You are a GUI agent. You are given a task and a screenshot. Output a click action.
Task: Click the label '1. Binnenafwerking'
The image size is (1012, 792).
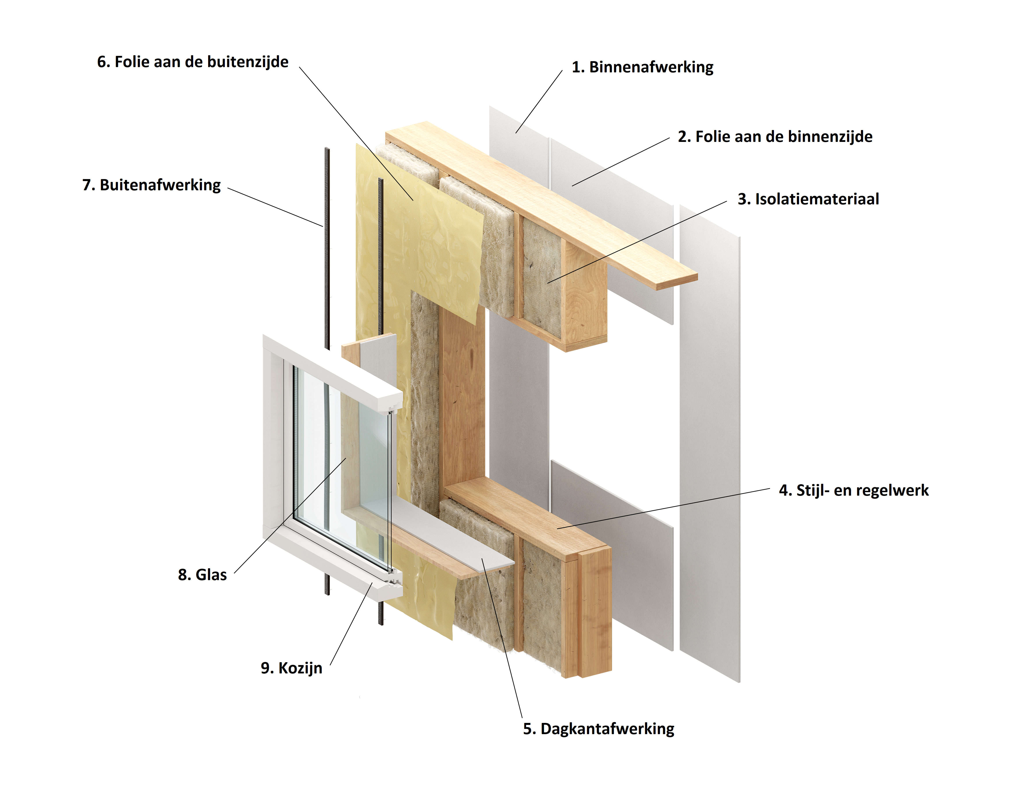point(643,67)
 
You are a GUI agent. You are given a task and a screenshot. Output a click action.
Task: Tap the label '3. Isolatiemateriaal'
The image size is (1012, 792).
point(808,199)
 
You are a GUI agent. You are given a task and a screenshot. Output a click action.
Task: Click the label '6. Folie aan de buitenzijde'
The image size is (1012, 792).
point(193,62)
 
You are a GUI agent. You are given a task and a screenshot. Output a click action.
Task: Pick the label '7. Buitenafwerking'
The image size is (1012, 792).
point(152,185)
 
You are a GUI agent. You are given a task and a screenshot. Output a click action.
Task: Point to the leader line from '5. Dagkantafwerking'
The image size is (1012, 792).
point(502,638)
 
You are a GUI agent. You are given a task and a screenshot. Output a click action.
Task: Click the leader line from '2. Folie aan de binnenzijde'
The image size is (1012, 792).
point(621,162)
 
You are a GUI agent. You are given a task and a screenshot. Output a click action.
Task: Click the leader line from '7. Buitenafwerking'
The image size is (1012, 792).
point(275,207)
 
